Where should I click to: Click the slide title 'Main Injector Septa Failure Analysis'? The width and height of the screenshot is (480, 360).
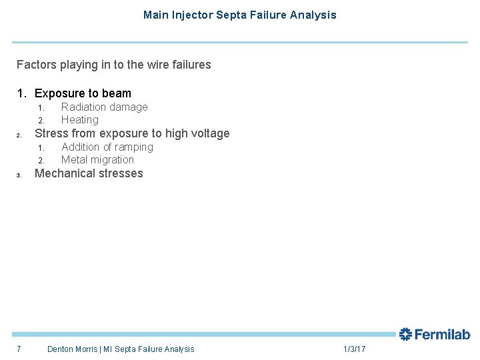tap(239, 15)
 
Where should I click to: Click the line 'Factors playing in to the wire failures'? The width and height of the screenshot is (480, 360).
tap(113, 65)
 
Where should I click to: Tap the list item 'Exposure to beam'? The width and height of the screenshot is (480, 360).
tap(83, 93)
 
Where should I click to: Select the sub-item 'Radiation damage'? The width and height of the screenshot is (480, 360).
tap(104, 107)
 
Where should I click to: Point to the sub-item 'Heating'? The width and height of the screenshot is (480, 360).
tap(79, 120)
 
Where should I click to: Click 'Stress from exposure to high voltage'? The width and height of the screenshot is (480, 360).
tap(131, 133)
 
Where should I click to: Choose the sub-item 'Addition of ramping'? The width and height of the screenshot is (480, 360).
tap(107, 147)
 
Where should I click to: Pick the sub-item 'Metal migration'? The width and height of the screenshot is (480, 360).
tap(97, 160)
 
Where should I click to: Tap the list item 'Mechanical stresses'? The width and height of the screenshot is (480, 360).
tap(89, 173)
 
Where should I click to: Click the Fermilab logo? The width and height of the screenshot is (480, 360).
tap(435, 334)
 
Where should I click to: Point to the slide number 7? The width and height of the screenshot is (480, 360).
tap(19, 349)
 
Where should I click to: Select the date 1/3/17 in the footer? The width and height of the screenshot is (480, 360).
tap(354, 349)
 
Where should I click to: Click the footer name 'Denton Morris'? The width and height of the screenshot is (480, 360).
tap(72, 349)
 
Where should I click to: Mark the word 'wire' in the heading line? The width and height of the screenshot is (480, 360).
tap(154, 65)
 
